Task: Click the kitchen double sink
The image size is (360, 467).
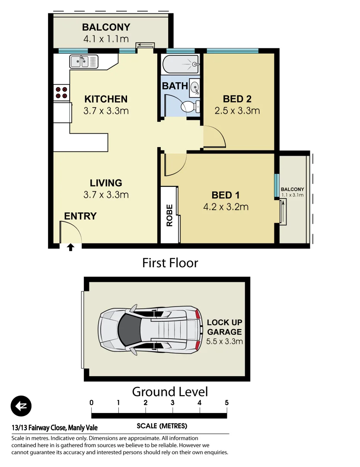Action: (x=84, y=62)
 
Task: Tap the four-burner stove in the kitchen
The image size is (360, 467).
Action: (x=61, y=92)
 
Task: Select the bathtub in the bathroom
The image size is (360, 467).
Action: (x=180, y=65)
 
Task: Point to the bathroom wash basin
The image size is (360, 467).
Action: (x=194, y=87)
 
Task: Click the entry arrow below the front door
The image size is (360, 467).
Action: (x=70, y=247)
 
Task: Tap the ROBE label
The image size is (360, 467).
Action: (x=169, y=215)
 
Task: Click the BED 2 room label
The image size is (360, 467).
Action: (x=237, y=98)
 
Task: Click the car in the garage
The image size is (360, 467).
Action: (x=150, y=329)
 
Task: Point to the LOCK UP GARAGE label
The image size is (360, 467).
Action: (x=224, y=327)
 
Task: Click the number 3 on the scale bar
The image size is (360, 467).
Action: (x=172, y=403)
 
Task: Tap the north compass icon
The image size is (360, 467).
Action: (x=21, y=406)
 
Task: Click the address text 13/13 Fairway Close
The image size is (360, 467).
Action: (x=54, y=428)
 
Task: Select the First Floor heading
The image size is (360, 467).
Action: (x=170, y=262)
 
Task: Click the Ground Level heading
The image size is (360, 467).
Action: (x=170, y=392)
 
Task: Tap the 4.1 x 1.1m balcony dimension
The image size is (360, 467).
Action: (x=106, y=39)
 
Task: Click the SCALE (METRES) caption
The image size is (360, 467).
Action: (x=162, y=426)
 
